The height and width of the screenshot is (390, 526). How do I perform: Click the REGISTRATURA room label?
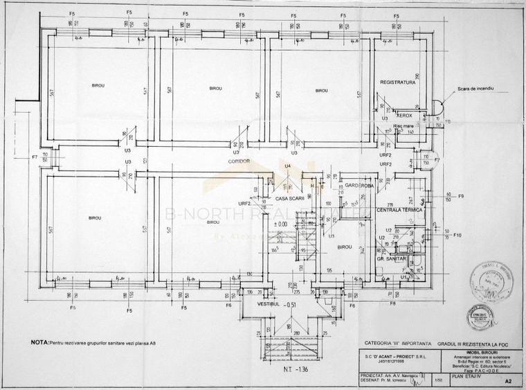point(397,82)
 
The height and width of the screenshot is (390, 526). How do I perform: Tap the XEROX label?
point(404,116)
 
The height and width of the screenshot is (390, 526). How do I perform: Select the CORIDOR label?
point(239,161)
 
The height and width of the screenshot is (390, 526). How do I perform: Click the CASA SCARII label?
point(290,198)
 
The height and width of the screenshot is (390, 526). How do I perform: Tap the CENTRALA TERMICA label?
point(399,209)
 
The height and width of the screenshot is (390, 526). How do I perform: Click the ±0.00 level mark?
point(281,224)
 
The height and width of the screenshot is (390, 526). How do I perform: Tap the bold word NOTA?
point(39,342)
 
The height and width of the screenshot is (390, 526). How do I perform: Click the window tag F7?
point(35,157)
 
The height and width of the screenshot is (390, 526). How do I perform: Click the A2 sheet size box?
point(509,380)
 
